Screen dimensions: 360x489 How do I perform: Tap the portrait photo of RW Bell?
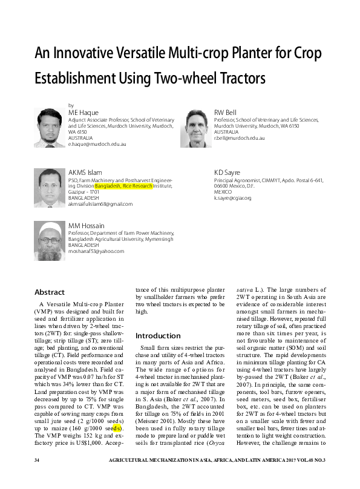[194, 128]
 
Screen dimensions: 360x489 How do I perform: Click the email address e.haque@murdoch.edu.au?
[97, 145]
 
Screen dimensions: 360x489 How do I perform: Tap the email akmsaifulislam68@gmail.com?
[100, 205]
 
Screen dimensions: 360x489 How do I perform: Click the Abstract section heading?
[50, 292]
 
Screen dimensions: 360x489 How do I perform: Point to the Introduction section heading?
[157, 335]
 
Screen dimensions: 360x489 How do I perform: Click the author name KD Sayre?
[226, 172]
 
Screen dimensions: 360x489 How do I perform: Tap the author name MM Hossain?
[86, 226]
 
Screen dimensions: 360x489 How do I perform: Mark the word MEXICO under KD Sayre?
[223, 192]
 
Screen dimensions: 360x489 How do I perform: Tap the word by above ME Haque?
[71, 105]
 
